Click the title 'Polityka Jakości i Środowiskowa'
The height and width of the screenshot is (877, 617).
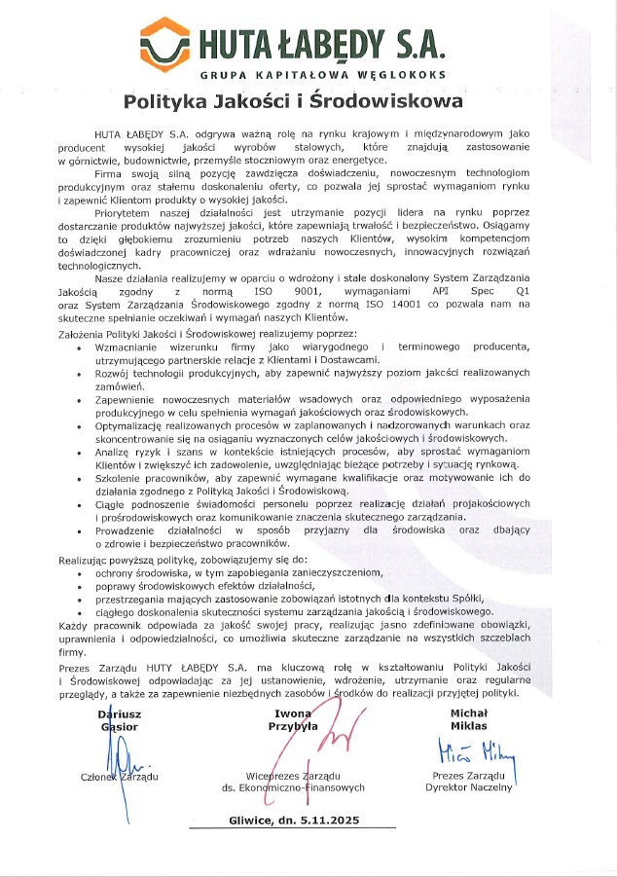tap(308, 100)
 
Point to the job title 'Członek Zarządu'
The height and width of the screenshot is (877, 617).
tap(120, 776)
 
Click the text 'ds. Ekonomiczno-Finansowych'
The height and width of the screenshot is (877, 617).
tap(307, 787)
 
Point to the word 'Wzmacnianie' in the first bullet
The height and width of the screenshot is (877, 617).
tap(131, 347)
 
